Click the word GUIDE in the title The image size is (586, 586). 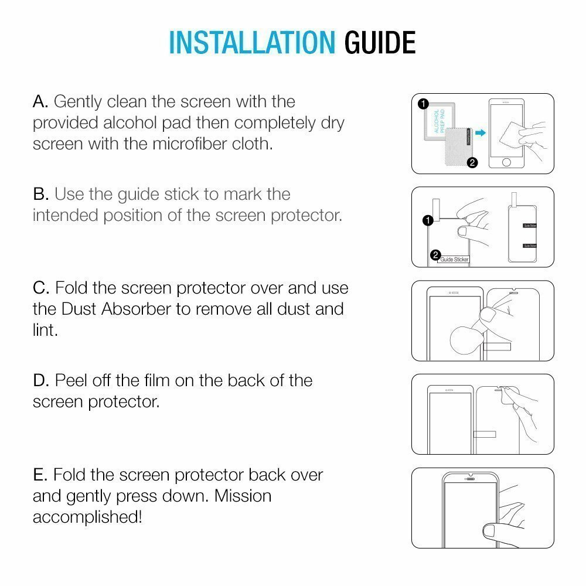tap(380, 42)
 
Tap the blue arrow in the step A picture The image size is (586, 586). tap(481, 134)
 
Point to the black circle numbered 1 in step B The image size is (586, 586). tap(427, 220)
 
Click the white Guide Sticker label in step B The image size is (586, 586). tap(454, 259)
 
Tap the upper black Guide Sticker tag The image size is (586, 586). tap(529, 226)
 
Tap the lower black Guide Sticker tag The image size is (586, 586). tap(529, 246)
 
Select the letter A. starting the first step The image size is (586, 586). tap(40, 101)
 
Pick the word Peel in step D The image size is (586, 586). tap(73, 381)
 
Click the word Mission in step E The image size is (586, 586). tap(242, 496)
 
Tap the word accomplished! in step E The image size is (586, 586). tap(87, 517)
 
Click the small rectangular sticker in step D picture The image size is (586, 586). tap(485, 435)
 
